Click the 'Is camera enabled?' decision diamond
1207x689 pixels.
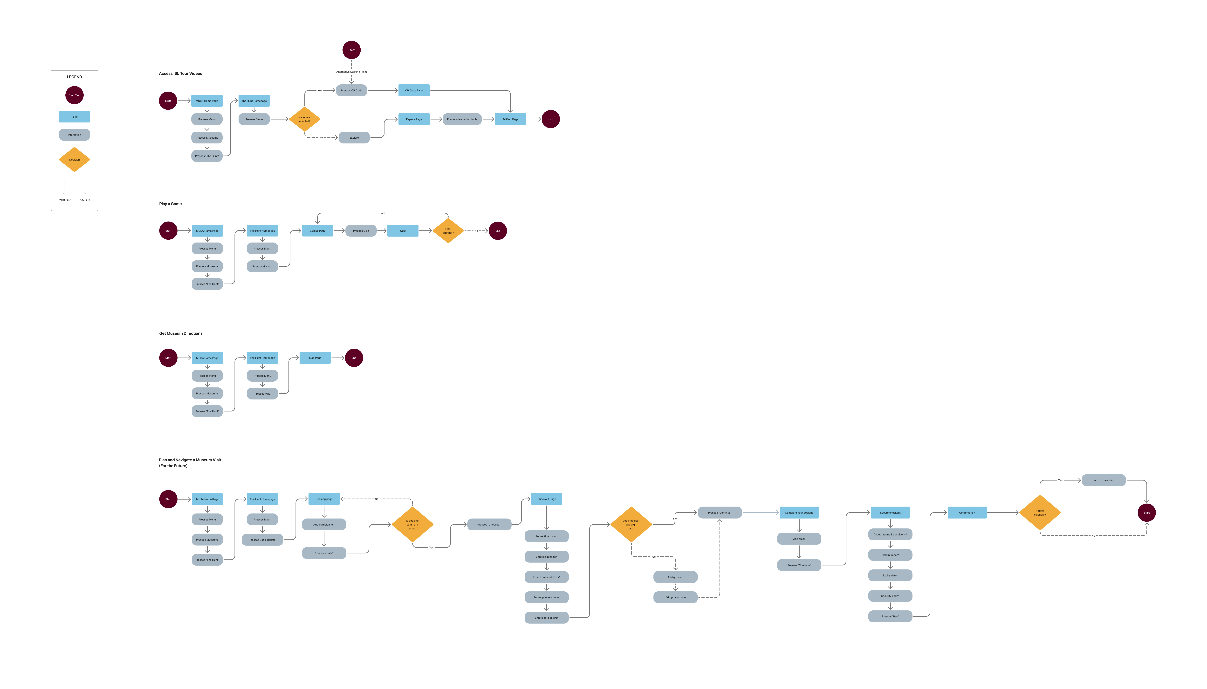pos(304,119)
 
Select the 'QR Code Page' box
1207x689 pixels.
pos(414,90)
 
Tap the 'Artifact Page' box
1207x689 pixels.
pos(510,119)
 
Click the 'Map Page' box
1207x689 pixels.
pos(315,358)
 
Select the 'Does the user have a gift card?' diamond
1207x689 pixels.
pos(631,524)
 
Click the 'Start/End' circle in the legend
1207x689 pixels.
pos(74,95)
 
